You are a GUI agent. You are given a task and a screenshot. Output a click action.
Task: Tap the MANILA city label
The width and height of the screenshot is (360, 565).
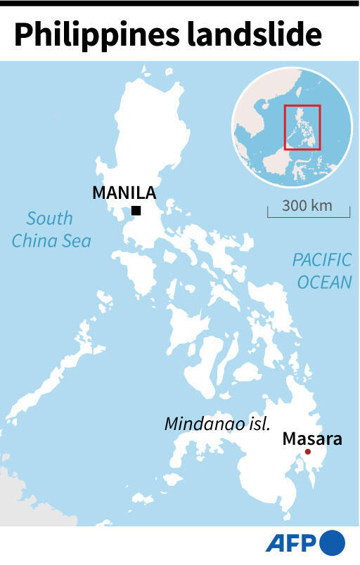124,192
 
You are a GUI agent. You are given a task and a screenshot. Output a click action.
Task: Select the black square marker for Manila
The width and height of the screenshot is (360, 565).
136,211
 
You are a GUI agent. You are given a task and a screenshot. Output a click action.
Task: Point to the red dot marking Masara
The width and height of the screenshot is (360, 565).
307,452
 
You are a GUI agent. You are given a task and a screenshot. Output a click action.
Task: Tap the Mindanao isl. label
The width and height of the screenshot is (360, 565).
217,424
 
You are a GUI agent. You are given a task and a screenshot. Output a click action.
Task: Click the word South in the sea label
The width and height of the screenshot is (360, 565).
50,219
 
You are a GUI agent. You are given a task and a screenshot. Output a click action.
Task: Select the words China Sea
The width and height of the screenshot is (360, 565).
51,240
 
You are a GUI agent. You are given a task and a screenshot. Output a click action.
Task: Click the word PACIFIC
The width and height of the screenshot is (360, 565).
321,260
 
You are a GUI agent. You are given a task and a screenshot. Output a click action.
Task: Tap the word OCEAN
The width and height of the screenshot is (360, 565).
323,282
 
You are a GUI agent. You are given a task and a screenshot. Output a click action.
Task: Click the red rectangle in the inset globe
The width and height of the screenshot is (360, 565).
302,127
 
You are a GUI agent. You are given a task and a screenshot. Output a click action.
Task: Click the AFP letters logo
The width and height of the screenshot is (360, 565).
291,544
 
